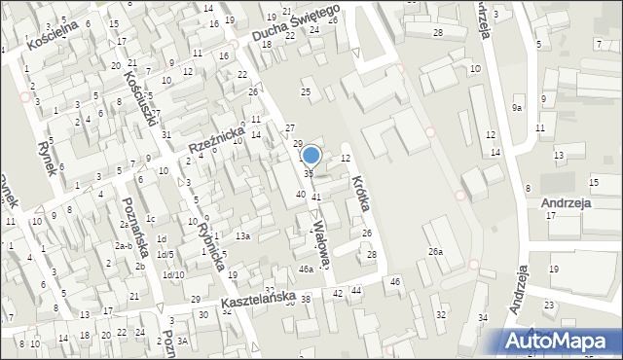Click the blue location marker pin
(311, 155)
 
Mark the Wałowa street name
(322, 240)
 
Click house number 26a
(436, 252)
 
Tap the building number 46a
(306, 269)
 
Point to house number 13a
(242, 235)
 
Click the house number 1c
(150, 218)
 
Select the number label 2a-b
(123, 246)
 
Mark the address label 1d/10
(173, 274)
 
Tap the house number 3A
(181, 340)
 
